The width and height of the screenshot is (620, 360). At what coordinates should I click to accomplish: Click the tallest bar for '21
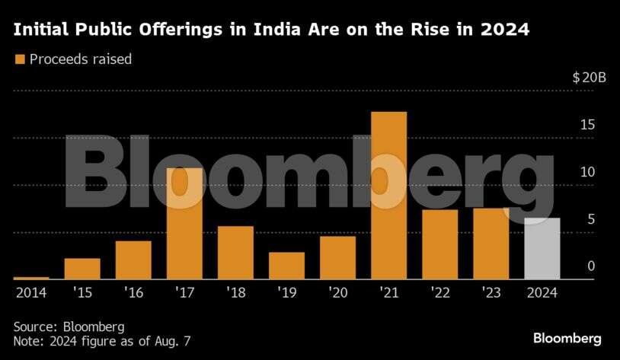coord(388,196)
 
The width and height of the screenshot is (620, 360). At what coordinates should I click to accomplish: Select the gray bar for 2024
coord(542,249)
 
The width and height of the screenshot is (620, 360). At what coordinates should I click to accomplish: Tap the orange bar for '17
coord(184,224)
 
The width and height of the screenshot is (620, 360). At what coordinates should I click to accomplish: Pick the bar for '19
coord(286,266)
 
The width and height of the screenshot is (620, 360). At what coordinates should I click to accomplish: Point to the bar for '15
coord(82,269)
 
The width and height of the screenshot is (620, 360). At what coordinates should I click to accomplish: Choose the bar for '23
coord(491,244)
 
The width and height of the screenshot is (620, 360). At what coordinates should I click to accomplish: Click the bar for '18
coord(235,253)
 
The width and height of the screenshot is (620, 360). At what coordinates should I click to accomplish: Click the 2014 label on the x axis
coord(30,292)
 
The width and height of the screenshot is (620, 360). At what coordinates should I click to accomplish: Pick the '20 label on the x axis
coord(337,292)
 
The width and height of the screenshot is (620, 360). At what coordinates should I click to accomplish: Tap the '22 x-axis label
coord(439,292)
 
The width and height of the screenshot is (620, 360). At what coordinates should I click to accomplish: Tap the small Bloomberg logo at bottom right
coord(567,337)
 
